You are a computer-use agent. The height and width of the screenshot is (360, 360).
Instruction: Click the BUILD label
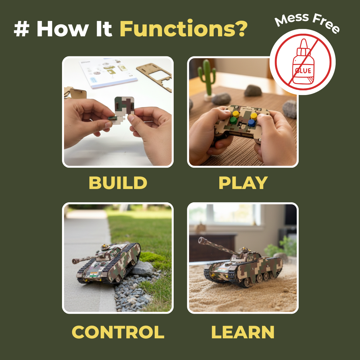pos(118,183)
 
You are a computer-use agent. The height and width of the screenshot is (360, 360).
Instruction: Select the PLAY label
pos(243,183)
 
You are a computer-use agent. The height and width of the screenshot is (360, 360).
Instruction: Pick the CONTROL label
pos(118,332)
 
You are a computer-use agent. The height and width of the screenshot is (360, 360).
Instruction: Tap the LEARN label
pos(243,332)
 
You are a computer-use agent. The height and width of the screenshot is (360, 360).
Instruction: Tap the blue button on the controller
pos(252,123)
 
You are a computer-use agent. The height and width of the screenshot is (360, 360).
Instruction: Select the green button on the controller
pos(233,120)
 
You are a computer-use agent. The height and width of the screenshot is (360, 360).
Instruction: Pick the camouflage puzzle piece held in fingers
pos(124,107)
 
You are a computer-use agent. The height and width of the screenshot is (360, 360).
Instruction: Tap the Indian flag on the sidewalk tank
pos(95,274)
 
